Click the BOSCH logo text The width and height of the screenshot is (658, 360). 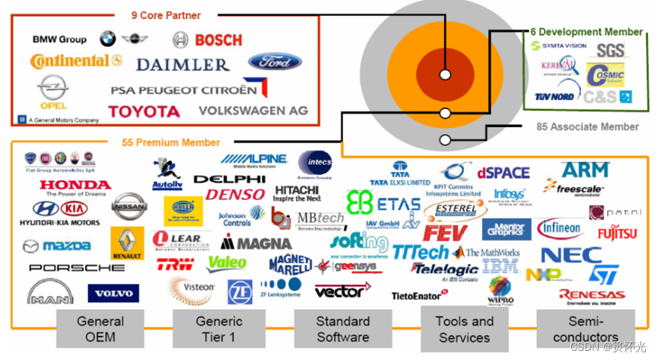click(218, 40)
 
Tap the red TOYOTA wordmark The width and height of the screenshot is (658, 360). click(144, 112)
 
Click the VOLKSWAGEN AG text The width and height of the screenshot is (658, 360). click(253, 110)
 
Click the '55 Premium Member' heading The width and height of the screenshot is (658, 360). click(170, 142)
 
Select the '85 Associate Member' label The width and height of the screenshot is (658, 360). click(588, 127)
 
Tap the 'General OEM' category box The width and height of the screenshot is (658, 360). click(100, 329)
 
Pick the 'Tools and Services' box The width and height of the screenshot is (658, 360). click(464, 329)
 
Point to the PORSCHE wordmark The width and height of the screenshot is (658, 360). click(76, 268)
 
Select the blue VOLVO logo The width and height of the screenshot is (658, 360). click(113, 293)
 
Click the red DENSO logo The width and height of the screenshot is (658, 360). click(235, 195)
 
